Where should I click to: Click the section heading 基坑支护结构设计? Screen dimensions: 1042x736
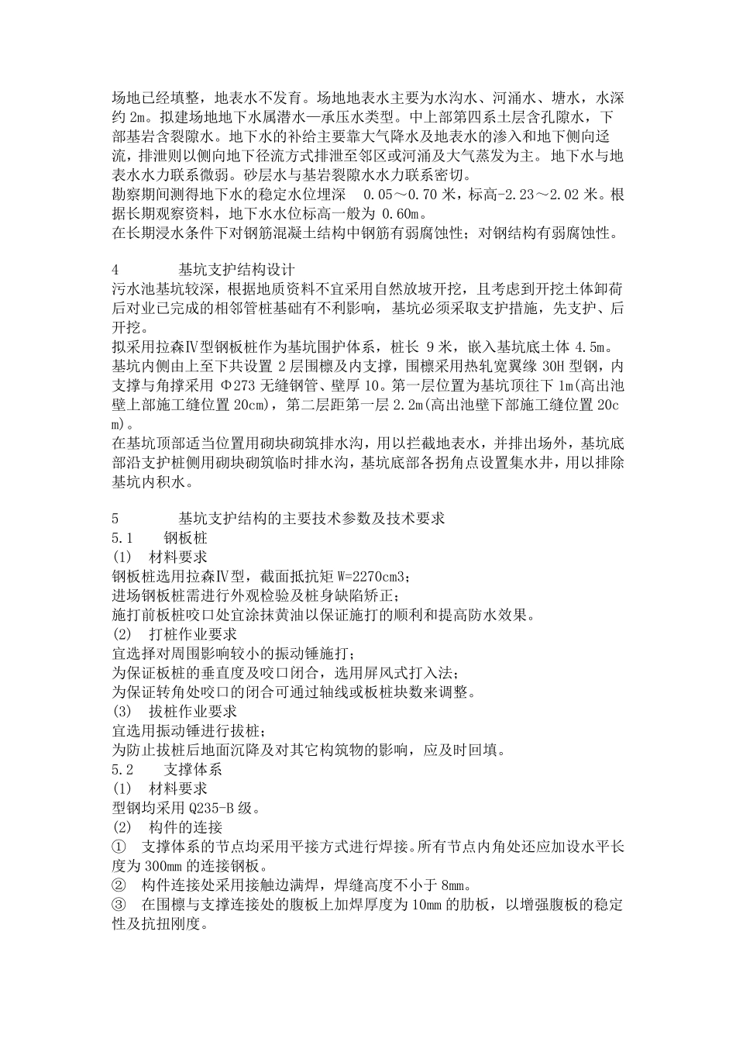coord(236,271)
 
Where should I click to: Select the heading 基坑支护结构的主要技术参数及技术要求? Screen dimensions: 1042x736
coord(311,519)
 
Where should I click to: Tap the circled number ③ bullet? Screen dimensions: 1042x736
coord(119,905)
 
